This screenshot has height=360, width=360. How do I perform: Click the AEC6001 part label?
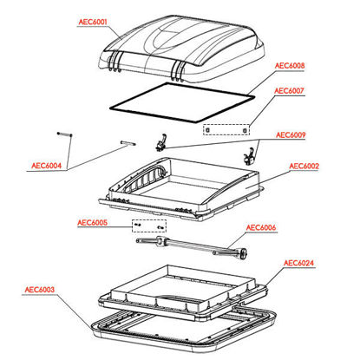coord(93,22)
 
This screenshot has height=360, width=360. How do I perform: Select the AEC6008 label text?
coord(290,66)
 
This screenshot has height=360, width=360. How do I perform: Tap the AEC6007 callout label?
coord(289,91)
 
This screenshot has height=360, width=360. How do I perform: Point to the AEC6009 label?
coord(291,135)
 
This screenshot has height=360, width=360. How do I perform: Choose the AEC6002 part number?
coord(304,167)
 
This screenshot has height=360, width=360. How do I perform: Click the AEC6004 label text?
coord(47,166)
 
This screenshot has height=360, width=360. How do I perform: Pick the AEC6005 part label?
coord(92,223)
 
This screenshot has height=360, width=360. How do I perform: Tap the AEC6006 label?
coord(261,228)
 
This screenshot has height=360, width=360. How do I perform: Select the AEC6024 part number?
coord(298,263)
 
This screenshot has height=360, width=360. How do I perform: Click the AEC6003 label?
coord(40,290)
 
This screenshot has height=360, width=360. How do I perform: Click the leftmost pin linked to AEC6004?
coord(64,134)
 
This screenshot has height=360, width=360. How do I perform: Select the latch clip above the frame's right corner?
coord(249,156)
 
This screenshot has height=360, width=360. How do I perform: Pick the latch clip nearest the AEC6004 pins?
coord(162,142)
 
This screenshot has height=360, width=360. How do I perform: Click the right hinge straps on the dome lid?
coord(177,72)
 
